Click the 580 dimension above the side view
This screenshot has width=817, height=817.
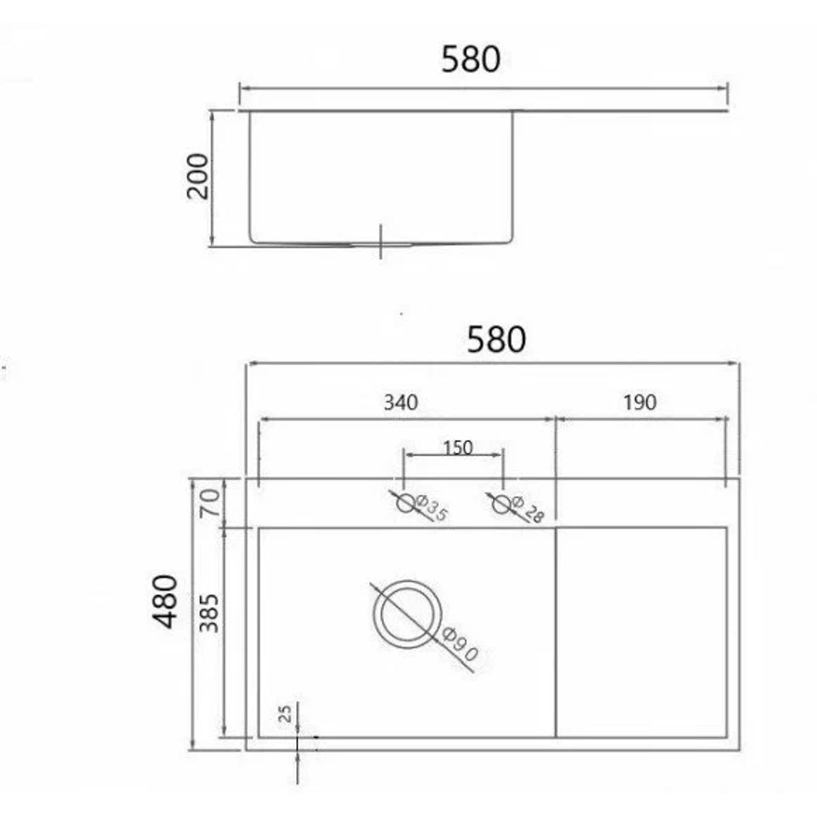[470, 59]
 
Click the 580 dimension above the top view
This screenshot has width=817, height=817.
[496, 339]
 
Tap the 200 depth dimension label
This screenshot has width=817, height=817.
[198, 176]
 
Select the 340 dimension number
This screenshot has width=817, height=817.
[400, 402]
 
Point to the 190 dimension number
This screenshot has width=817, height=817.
[640, 402]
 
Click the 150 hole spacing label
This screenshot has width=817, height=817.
[458, 448]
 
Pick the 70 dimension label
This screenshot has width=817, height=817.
[210, 502]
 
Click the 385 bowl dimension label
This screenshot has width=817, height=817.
[210, 613]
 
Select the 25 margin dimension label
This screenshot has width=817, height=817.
[287, 714]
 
